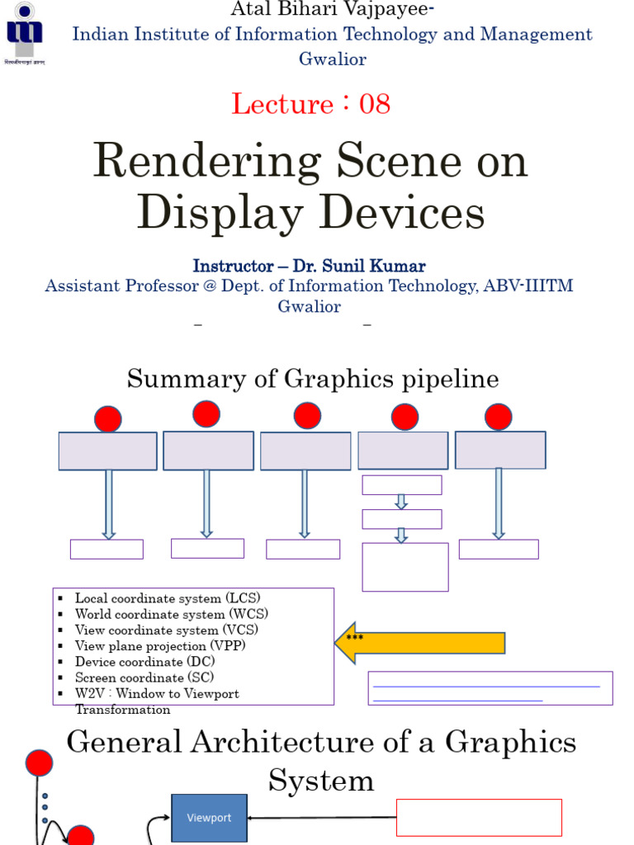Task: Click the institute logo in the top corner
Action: (x=25, y=33)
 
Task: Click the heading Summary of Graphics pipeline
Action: (x=313, y=380)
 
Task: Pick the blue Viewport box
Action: (x=209, y=818)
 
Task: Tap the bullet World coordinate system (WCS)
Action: (x=171, y=614)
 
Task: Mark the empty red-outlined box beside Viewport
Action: (x=479, y=818)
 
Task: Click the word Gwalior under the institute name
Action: (x=333, y=59)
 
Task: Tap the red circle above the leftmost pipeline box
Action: (x=108, y=419)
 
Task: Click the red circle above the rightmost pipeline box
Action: (x=499, y=417)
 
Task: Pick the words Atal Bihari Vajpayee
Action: (x=317, y=9)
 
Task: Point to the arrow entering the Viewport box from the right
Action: (x=322, y=818)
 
